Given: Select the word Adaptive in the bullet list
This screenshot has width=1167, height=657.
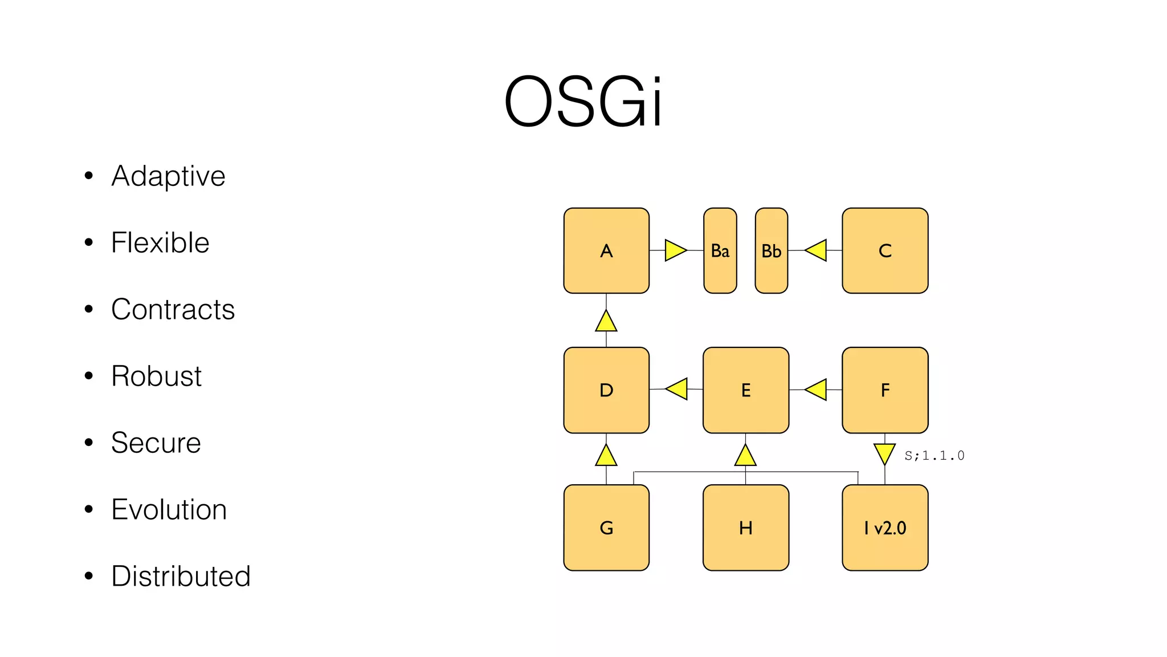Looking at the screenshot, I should pos(168,176).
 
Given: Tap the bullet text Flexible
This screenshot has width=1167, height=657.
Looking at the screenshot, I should pos(160,242).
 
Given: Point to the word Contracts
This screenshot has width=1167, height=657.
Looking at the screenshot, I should pos(173,309).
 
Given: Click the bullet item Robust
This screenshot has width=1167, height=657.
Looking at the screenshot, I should pos(156,376).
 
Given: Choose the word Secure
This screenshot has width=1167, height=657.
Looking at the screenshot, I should pos(156,443).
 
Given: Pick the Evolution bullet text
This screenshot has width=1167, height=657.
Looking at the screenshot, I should pos(169,509).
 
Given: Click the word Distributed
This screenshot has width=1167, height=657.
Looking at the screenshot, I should pos(181,576).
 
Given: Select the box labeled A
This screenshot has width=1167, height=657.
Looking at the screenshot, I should pos(606,250).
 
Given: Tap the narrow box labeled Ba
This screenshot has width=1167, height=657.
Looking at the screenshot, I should pos(720,250).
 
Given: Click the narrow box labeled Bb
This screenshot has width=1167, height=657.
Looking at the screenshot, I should pos(771,250).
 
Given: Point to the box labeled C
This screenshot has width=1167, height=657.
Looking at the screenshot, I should pos(885,250).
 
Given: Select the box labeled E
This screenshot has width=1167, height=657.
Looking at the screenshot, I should pos(745,390).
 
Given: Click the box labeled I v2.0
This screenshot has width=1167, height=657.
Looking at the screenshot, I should pos(885,528).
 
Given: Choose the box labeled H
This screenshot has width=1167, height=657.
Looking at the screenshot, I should pos(745,528).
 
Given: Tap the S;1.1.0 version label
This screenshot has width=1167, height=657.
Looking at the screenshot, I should pos(934,456).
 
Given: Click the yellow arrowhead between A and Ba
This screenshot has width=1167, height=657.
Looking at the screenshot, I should pos(675,250).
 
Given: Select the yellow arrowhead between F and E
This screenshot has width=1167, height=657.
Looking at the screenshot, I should pos(817,390).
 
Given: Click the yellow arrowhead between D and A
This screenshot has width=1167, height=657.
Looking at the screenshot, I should pos(606,322).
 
